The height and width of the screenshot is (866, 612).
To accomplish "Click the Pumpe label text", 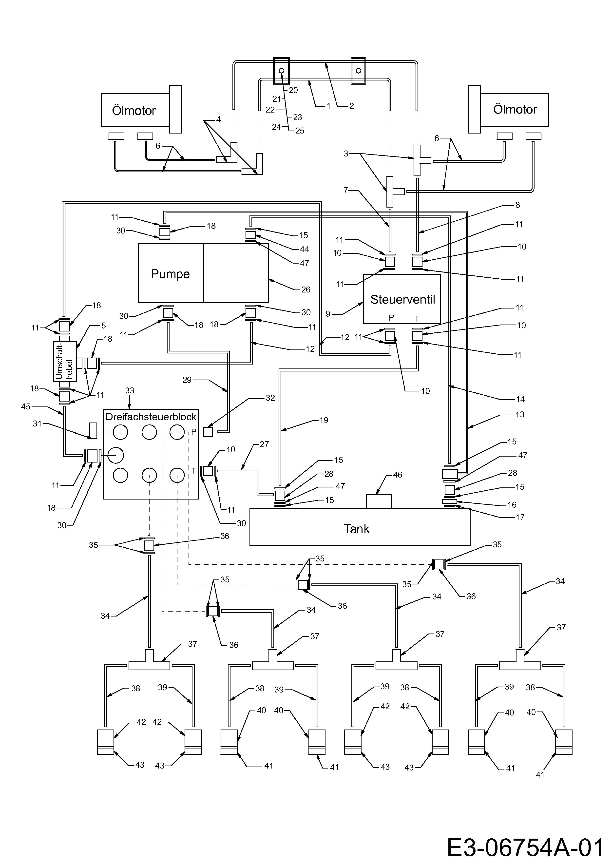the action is (170, 274).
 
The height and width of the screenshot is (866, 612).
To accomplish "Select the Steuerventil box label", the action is (402, 299).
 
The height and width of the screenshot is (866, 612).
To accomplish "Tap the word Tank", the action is (356, 529).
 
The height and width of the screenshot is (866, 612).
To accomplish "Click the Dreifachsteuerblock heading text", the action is (151, 417).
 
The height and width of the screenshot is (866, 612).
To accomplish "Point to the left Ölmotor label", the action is (134, 111).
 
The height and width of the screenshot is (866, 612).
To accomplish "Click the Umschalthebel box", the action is (65, 361).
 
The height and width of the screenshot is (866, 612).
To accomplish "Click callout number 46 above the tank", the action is (398, 475).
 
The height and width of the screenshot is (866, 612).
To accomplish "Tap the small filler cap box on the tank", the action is (379, 502).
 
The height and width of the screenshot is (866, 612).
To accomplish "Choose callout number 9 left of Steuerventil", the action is (328, 314).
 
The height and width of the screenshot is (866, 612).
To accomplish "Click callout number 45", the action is (26, 407).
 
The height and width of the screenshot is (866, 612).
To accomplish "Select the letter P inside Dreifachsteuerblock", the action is (194, 432).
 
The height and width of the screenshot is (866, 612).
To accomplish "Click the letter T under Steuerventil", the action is (417, 319).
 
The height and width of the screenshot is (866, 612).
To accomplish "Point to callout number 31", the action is (37, 423).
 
